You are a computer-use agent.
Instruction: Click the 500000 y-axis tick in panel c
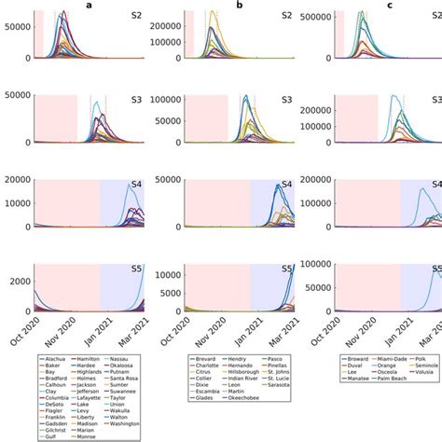[321, 18]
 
